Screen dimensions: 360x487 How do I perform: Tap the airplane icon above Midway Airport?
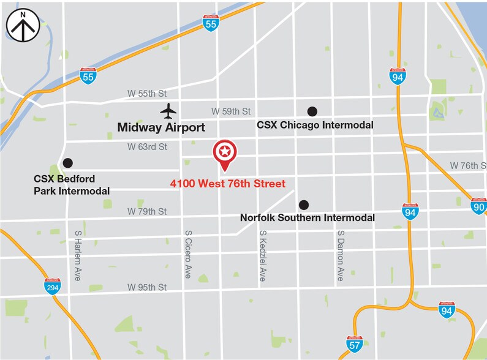coord(168,111)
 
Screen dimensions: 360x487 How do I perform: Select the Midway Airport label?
coord(161,128)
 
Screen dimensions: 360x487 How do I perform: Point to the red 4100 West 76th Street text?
coord(227,183)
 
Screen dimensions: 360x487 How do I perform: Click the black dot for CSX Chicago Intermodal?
coord(312,111)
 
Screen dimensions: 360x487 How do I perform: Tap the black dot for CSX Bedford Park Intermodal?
coord(68,163)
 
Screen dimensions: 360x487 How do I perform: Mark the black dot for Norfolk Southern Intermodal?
coord(303,204)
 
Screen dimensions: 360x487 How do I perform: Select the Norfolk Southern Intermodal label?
coord(307,217)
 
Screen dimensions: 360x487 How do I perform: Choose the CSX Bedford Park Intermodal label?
coord(72,185)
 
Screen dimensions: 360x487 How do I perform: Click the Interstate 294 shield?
coord(53,286)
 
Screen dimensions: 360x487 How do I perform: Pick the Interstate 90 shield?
coord(479,206)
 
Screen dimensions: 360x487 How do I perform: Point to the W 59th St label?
coord(231,111)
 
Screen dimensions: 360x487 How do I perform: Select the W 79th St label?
coord(147,211)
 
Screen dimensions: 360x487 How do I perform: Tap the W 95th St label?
coord(147,287)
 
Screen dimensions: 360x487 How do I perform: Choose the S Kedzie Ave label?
coord(263,255)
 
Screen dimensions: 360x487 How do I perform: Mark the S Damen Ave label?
coord(339,256)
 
